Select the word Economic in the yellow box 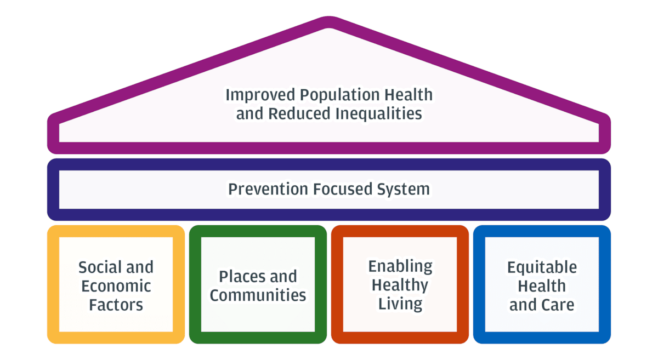(x=116, y=286)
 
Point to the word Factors (x=116, y=305)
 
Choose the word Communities (x=258, y=295)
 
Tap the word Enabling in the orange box (x=400, y=267)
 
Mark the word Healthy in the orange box (x=400, y=285)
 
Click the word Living (x=400, y=304)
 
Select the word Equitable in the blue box (x=542, y=268)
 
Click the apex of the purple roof (x=329, y=21)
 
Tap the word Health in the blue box (x=542, y=286)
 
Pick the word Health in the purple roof (x=407, y=95)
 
